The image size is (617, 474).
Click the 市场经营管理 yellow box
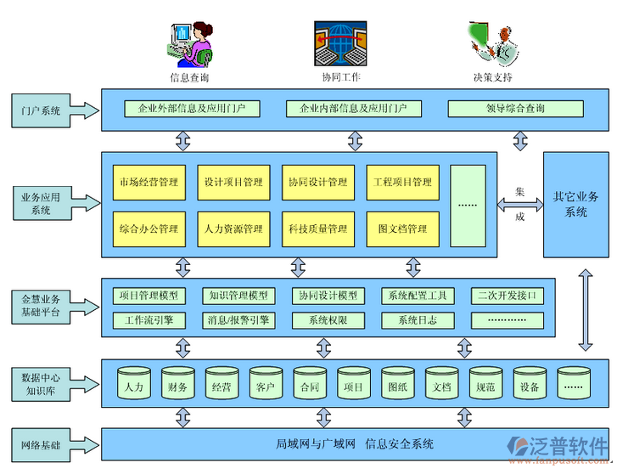point(149,182)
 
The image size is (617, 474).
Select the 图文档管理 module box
point(403,229)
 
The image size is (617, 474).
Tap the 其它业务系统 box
point(575,204)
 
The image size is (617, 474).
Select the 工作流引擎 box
point(149,320)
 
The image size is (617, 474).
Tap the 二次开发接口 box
point(508,296)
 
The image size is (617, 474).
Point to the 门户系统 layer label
point(42,110)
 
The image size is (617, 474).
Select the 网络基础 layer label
point(42,444)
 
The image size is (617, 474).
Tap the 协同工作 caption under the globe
point(340,77)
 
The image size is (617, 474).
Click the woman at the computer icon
point(192,43)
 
